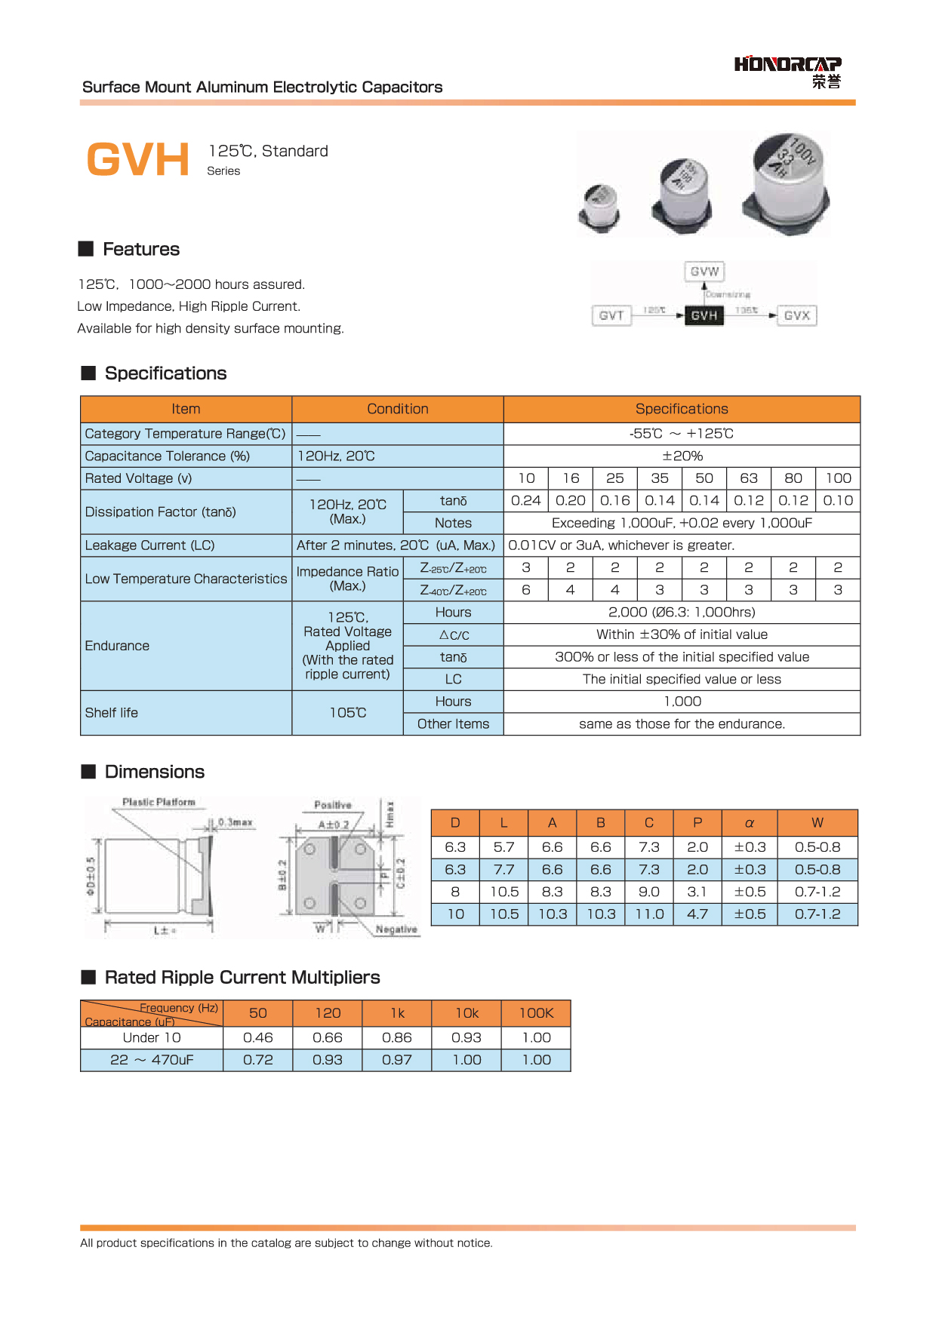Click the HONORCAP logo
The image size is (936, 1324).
click(x=787, y=71)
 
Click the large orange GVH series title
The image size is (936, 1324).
click(x=138, y=160)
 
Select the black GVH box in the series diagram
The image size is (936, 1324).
click(x=704, y=315)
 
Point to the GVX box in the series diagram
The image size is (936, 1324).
click(x=796, y=315)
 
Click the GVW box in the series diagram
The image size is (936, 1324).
click(x=704, y=272)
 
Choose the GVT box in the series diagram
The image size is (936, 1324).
click(x=611, y=315)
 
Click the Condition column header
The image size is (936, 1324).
click(x=397, y=409)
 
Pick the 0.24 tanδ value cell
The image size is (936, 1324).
click(x=525, y=500)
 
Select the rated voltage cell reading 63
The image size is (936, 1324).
click(x=748, y=478)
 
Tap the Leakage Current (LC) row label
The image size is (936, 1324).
click(x=149, y=545)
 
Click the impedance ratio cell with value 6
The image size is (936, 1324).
click(x=525, y=590)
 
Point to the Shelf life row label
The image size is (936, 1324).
click(x=112, y=713)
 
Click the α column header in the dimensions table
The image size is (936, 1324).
click(x=750, y=823)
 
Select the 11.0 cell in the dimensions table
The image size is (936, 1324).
click(x=649, y=914)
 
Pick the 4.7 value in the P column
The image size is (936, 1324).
click(x=697, y=914)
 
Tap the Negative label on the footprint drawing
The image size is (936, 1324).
click(x=396, y=929)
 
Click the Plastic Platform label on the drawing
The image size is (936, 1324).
click(x=159, y=802)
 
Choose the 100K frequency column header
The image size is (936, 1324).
click(x=536, y=1013)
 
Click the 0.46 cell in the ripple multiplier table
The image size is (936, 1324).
click(x=258, y=1038)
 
